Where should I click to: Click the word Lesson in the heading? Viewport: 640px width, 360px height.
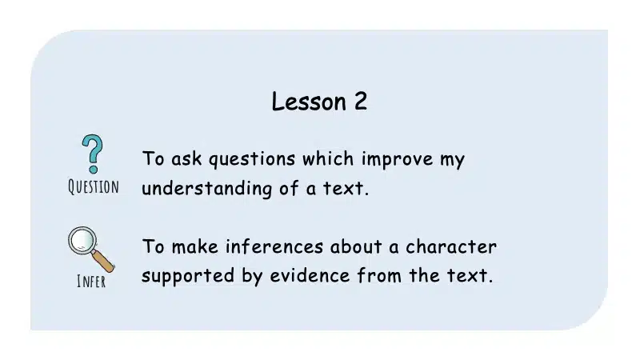click(309, 102)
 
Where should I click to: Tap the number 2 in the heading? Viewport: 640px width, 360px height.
click(361, 101)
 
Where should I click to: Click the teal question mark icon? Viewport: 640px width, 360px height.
click(93, 154)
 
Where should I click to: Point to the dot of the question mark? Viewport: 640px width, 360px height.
click(93, 169)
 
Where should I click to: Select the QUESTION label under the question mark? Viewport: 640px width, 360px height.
click(94, 187)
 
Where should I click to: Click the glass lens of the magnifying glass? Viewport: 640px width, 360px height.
click(82, 240)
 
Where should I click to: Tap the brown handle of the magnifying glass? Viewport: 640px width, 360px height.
click(103, 262)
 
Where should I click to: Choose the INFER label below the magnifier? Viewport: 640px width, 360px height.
click(91, 282)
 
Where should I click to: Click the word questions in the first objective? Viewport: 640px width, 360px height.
click(252, 159)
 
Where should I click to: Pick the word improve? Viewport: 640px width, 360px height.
click(397, 159)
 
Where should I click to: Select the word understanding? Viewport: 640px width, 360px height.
click(206, 189)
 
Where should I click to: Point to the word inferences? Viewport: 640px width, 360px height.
click(274, 246)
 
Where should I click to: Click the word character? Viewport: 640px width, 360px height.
click(450, 246)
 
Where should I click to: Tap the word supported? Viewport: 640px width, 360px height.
click(188, 276)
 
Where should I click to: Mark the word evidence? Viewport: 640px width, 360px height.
click(310, 275)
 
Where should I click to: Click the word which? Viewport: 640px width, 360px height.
click(328, 158)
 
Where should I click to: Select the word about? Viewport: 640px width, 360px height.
click(356, 246)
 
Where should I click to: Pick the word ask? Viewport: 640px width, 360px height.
click(186, 158)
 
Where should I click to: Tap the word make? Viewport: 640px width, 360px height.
click(194, 246)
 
